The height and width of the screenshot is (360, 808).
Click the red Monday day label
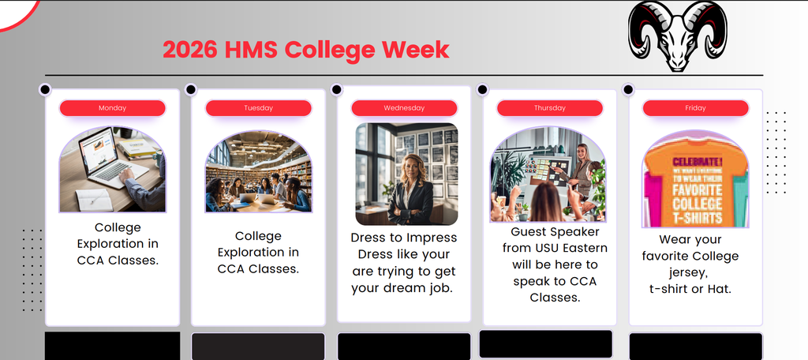click(112, 108)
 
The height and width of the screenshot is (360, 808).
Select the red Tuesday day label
click(258, 108)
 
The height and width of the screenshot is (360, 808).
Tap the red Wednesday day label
click(404, 108)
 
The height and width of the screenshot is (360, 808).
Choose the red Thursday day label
click(549, 108)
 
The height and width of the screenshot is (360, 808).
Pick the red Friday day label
click(695, 108)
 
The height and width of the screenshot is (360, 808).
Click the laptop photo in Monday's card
click(112, 170)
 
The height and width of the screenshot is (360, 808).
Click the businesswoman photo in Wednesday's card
click(406, 174)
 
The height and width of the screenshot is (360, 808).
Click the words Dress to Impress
click(404, 238)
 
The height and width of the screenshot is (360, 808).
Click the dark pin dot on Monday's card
click(45, 89)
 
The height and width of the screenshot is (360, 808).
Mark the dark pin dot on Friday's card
click(629, 89)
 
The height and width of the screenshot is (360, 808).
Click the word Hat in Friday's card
click(719, 289)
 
